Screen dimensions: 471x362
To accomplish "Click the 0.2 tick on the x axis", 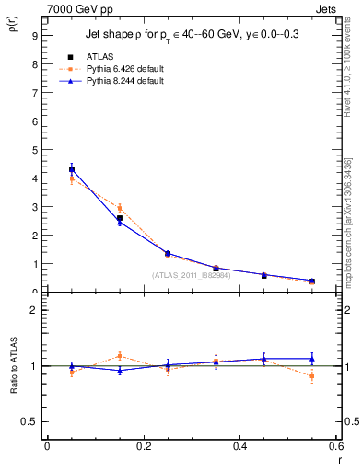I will tap(143, 446).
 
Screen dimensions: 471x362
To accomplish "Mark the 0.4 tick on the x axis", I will tap(239, 446).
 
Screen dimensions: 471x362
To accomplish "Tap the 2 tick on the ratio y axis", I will tap(34, 310).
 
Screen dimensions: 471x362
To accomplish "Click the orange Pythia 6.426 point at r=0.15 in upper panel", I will tap(120, 208).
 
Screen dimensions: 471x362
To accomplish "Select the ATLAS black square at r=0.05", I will tap(72, 169).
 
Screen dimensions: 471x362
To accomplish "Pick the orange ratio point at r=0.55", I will tap(312, 376).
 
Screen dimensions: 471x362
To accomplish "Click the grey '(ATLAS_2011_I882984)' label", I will tap(193, 274).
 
